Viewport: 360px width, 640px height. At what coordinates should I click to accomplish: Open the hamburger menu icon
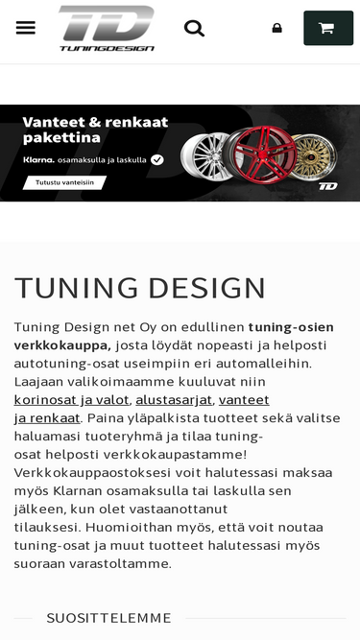(x=26, y=28)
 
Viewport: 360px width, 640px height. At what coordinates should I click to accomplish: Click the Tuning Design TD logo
(x=107, y=27)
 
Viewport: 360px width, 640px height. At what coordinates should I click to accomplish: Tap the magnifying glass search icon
(x=194, y=28)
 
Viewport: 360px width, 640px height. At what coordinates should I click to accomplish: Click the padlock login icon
(x=277, y=28)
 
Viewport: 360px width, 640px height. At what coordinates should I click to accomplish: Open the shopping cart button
(x=327, y=28)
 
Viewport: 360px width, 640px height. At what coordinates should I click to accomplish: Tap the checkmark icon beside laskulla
(x=157, y=160)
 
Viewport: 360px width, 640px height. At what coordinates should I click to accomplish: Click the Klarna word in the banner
(x=38, y=160)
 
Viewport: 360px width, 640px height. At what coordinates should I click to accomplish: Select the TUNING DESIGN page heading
(x=139, y=288)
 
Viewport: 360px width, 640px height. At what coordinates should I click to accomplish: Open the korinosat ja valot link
(x=72, y=399)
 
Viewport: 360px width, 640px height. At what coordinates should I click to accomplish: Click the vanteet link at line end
(x=244, y=399)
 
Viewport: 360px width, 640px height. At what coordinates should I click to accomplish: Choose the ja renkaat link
(x=46, y=417)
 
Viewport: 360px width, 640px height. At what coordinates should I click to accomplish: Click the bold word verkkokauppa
(x=62, y=344)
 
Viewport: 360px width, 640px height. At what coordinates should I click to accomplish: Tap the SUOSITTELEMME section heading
(x=108, y=618)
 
